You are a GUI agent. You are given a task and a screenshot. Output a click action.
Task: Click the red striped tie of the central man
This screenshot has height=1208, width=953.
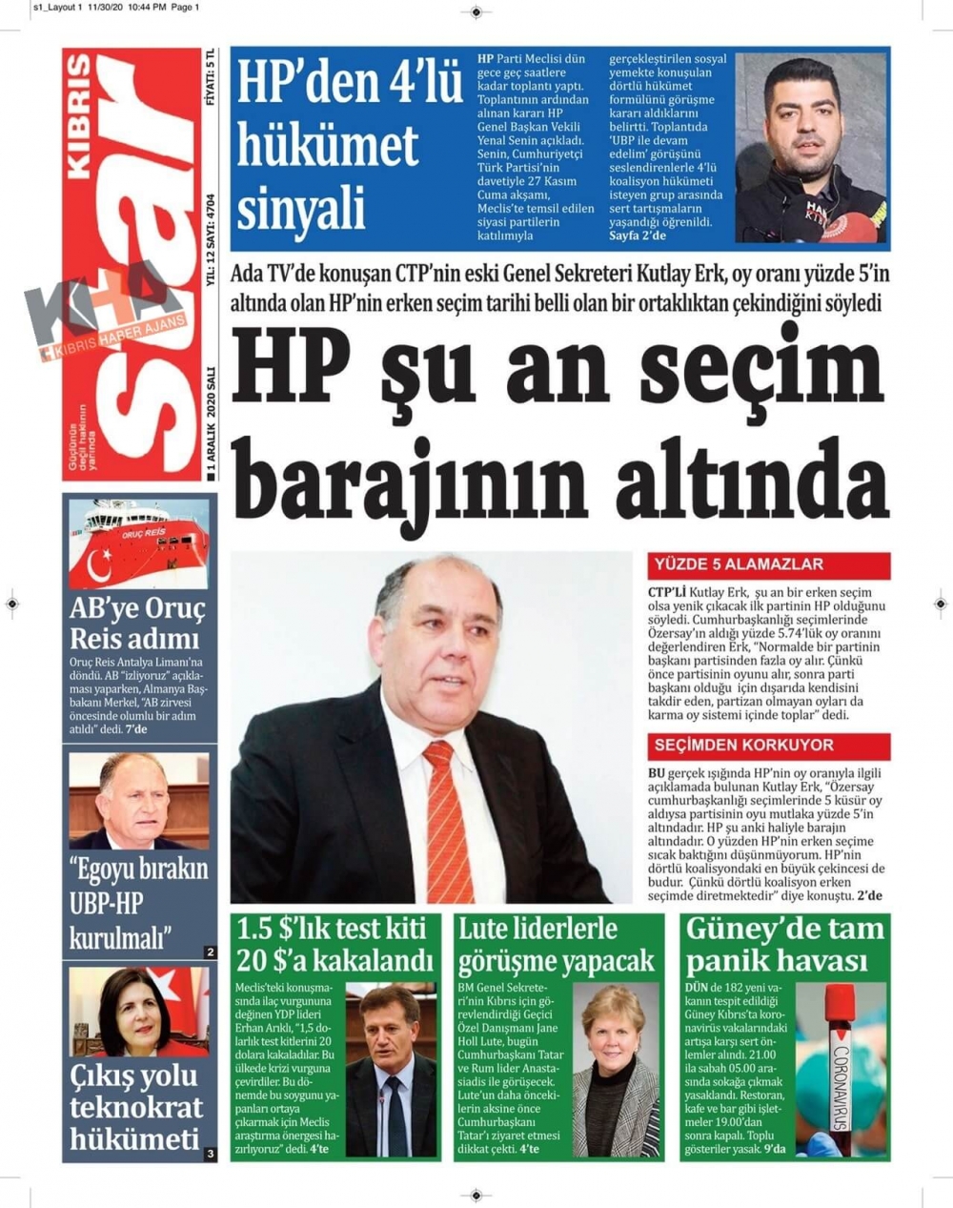tap(448, 820)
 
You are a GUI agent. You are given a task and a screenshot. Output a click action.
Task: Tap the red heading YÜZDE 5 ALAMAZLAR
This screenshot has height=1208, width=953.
tap(739, 564)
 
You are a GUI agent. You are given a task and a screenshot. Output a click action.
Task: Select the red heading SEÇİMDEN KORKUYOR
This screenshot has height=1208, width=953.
tap(743, 746)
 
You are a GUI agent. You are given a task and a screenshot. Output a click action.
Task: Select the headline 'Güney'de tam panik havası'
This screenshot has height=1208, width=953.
tap(785, 944)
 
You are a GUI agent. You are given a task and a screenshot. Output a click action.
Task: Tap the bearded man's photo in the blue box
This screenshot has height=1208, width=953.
tap(810, 147)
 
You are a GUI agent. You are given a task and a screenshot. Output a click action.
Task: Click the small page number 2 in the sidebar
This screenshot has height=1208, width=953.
tap(210, 952)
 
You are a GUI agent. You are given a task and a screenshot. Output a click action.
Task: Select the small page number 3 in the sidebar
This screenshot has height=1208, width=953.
tap(210, 1154)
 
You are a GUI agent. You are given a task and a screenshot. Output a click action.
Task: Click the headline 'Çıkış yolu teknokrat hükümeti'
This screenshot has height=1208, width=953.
tap(135, 1107)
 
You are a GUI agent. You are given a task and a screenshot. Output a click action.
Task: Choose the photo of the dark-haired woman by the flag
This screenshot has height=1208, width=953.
tap(139, 1012)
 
